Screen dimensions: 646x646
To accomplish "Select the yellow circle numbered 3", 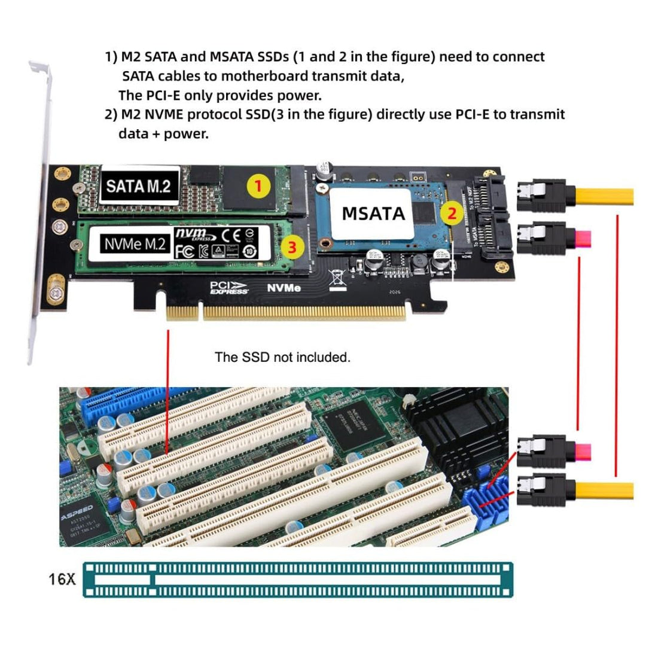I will pyautogui.click(x=291, y=246).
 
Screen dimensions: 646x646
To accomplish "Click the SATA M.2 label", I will pyautogui.click(x=138, y=186).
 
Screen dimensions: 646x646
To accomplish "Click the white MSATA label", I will pyautogui.click(x=373, y=213).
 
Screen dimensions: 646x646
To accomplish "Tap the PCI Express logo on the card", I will pyautogui.click(x=229, y=287).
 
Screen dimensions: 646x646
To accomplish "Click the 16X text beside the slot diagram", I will pyautogui.click(x=62, y=578).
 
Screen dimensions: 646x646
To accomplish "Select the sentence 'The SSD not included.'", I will pyautogui.click(x=282, y=358).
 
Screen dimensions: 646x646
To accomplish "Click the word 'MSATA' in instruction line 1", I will pyautogui.click(x=231, y=57).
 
